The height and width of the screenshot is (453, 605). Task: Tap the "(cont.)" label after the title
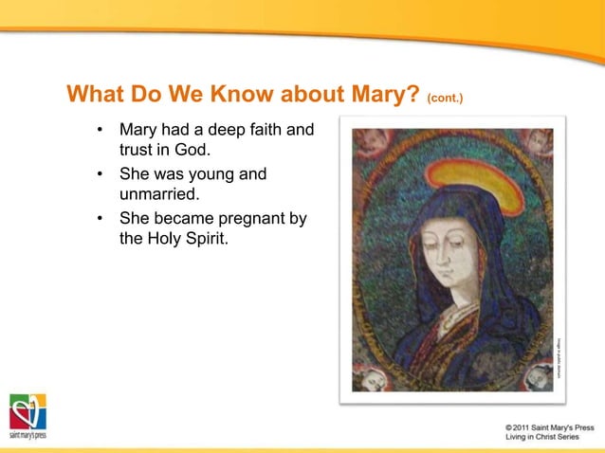[445, 98]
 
